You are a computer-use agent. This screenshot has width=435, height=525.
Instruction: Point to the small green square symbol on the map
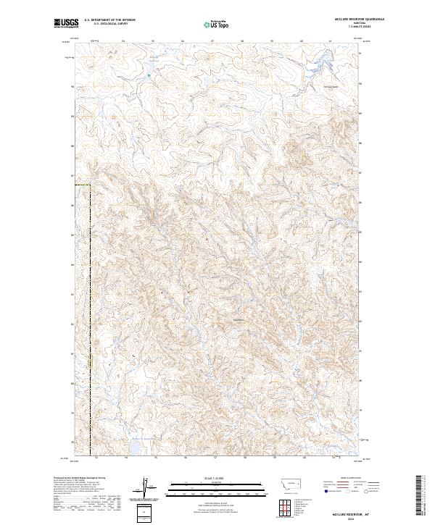coord(149,75)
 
